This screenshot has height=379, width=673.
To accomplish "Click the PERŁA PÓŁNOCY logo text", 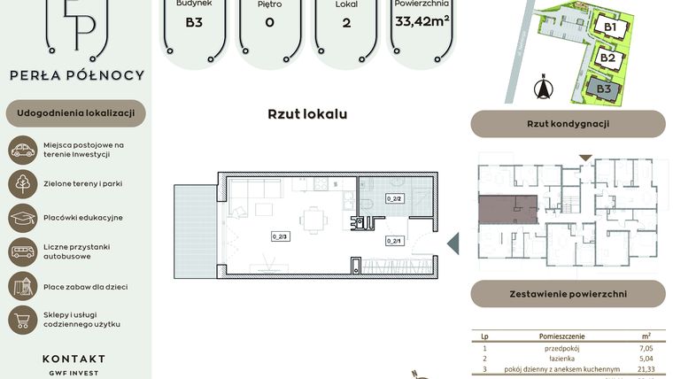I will coord(76,76).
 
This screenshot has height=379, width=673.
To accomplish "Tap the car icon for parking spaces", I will coord(23,150).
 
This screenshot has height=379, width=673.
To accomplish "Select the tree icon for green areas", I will coord(23,183).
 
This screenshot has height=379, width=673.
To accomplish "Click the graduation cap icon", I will coord(23,218).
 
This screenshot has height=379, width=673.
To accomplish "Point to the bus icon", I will coord(23,251).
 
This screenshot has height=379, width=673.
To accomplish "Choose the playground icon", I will coord(23,285).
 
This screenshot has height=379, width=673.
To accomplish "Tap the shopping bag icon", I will coord(23,319).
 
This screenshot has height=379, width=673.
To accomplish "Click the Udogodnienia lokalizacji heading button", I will coord(75,113).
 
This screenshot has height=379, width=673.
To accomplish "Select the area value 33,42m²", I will coord(422,22).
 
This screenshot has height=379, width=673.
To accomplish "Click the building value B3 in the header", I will coord(194,23).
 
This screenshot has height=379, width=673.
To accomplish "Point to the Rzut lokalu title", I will coord(307,114).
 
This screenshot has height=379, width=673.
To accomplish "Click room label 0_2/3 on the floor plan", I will coord(280,236).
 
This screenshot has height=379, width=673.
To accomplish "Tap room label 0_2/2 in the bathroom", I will coord(394,199).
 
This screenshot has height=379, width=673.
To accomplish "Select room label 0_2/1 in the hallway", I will coord(394,240).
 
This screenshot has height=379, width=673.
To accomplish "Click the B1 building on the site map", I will coord(610,27).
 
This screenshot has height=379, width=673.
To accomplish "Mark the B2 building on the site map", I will coord(607,58).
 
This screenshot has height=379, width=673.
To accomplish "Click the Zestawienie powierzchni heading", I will coord(568,293).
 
